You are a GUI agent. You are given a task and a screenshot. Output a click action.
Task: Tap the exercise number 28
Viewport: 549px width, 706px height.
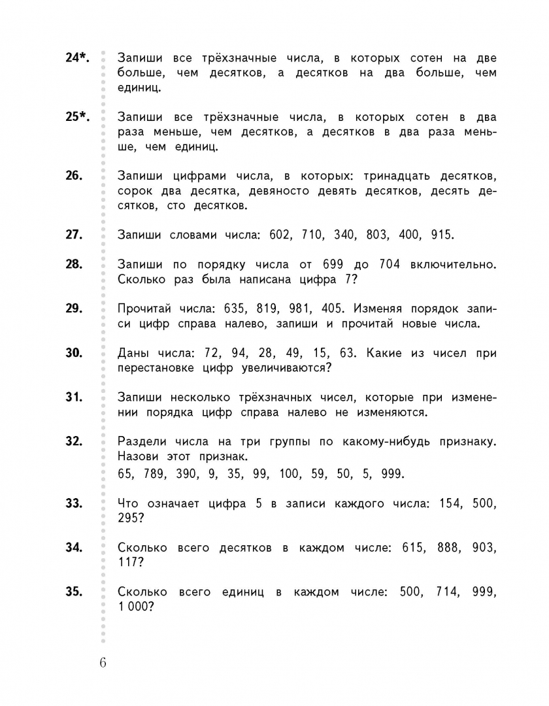(x=74, y=264)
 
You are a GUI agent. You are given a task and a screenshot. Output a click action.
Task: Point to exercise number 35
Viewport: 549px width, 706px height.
(x=74, y=592)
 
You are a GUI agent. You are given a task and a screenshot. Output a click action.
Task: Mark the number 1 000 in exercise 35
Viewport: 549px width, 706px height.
(x=135, y=607)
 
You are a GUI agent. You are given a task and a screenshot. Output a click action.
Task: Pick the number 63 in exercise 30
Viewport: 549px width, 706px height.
(x=347, y=353)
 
